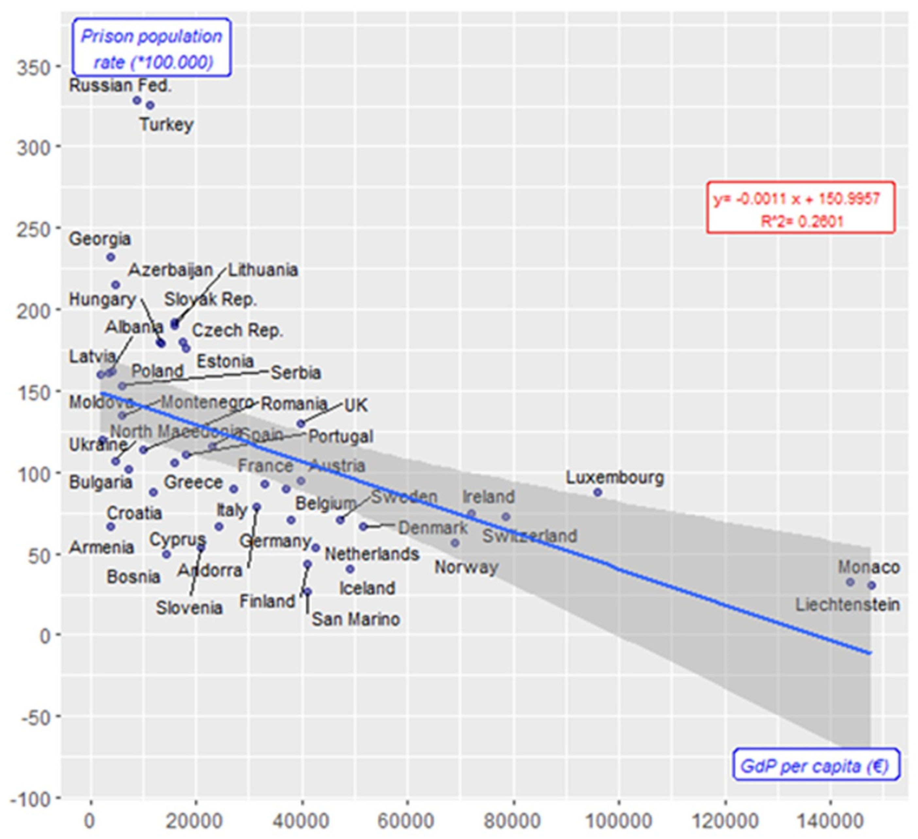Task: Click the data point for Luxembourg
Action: tap(598, 492)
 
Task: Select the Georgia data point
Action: tap(111, 258)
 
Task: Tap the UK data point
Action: tap(301, 424)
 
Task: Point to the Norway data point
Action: tap(455, 543)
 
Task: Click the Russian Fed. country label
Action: tap(120, 86)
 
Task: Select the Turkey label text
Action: tap(167, 124)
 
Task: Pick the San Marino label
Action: tap(355, 619)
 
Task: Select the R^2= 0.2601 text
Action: tap(802, 222)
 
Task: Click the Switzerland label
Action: tap(529, 536)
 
